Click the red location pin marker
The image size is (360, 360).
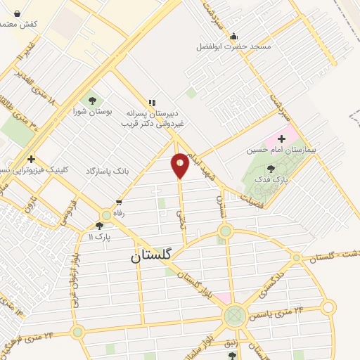point(180,165)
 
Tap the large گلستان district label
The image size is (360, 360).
point(151,257)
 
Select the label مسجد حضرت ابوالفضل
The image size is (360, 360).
point(233,48)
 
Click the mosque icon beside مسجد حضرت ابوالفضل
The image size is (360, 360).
point(234,37)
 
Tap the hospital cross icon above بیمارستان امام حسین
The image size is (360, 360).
point(282,139)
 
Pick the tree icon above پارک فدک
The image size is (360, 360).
point(271,168)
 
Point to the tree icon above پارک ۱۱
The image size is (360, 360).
point(99,226)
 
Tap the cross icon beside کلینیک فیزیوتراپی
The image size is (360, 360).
point(31,159)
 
